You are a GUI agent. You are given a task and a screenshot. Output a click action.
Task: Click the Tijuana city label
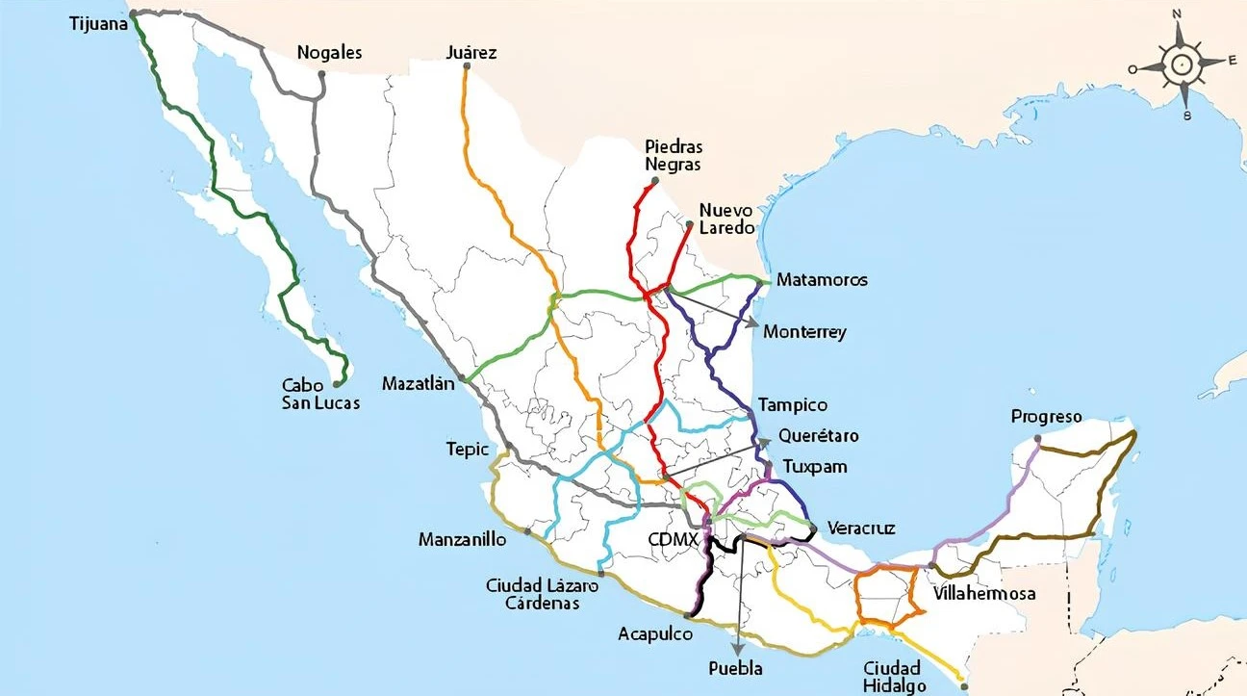point(99,23)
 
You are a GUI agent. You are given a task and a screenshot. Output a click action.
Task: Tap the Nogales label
point(329,53)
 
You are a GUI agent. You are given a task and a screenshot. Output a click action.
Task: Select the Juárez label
point(471,53)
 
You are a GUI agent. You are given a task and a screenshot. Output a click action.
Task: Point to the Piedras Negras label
point(674,156)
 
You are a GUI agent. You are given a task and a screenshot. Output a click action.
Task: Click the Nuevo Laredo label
point(726,219)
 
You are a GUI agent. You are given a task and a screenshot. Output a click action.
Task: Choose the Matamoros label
point(822,280)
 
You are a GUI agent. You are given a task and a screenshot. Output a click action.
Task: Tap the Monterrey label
point(804,332)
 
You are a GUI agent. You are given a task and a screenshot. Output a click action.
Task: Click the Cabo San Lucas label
point(320,394)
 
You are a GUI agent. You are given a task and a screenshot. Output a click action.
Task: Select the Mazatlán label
point(417,383)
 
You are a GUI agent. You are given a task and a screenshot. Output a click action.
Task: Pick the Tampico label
point(792,405)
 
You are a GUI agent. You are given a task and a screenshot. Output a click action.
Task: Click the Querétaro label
point(818,436)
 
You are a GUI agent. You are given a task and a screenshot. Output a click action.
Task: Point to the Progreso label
point(1046,418)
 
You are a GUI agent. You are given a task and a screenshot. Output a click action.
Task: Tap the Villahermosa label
point(984,594)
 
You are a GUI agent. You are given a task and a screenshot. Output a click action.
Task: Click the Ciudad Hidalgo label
point(894,677)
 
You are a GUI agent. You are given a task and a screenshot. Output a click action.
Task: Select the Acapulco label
point(654,634)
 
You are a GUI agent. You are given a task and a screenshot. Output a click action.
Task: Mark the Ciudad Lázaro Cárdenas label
point(542,594)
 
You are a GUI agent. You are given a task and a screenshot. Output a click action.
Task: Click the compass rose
point(1180,65)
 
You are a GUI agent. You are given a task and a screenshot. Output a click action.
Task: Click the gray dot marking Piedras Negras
point(654,181)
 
